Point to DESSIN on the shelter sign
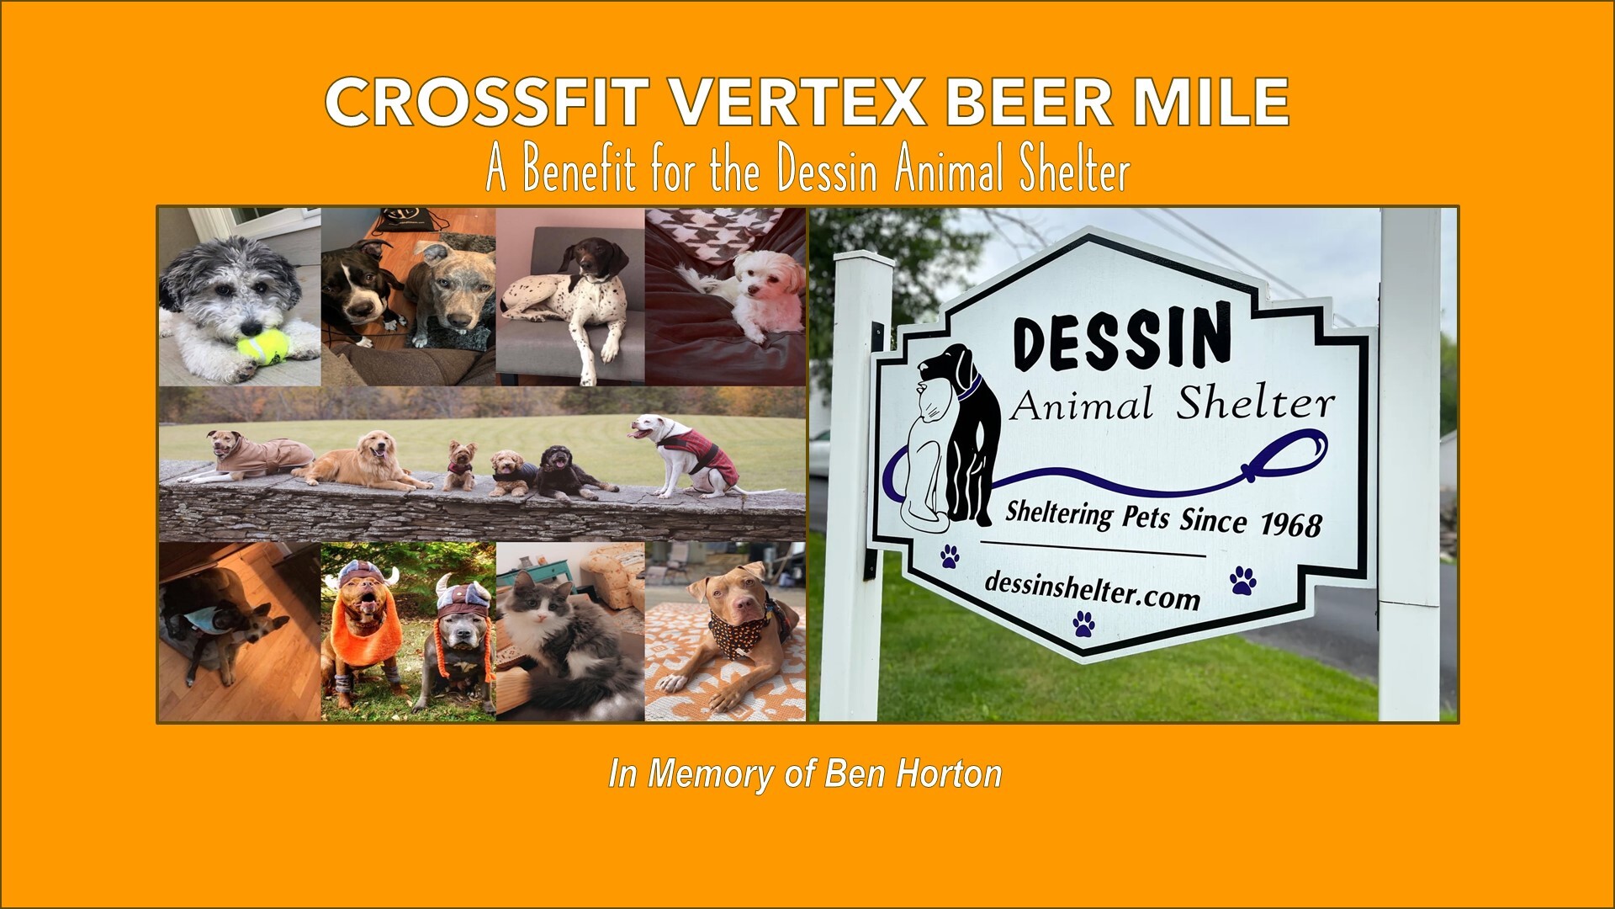pos(1122,337)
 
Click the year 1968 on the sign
pos(1290,524)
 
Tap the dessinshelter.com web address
pos(1091,590)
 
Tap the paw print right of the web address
pos(1242,580)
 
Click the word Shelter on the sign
pos(1255,405)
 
